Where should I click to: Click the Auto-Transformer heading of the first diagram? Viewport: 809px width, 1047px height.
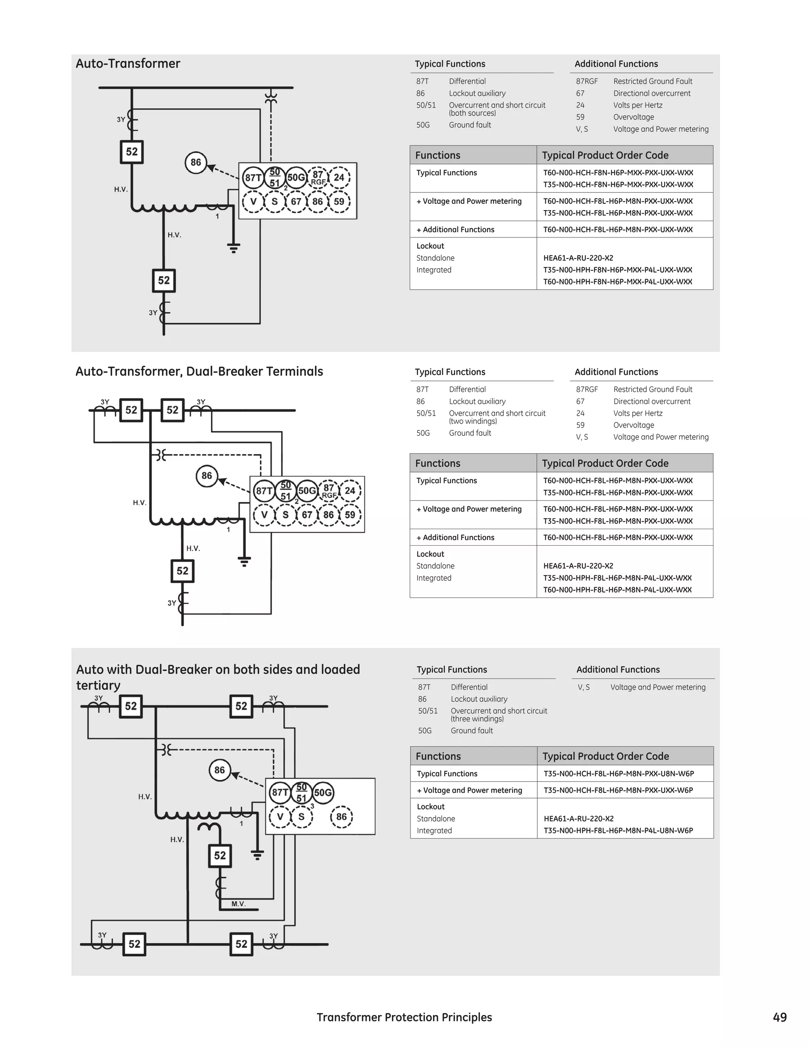click(128, 64)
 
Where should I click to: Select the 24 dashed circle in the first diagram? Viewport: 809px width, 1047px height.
click(339, 177)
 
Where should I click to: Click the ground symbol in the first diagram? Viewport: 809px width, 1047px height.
click(233, 248)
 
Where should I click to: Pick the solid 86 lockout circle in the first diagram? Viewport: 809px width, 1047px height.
click(196, 162)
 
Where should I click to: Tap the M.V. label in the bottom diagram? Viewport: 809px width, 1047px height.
click(238, 904)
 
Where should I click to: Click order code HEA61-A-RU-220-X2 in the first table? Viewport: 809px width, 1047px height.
click(578, 258)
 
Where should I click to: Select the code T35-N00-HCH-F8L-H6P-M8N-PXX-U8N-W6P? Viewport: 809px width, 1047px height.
click(619, 773)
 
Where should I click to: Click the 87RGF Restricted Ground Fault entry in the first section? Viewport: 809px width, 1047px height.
click(634, 81)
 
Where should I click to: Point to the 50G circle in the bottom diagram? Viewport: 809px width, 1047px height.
click(323, 793)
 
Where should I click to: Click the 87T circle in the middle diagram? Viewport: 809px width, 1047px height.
click(263, 490)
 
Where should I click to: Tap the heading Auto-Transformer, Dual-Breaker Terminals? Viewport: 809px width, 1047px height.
click(199, 371)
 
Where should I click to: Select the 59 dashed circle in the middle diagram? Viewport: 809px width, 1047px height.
click(350, 515)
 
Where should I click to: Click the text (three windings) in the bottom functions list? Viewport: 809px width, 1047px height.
click(477, 719)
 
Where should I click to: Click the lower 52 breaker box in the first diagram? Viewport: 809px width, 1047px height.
click(164, 281)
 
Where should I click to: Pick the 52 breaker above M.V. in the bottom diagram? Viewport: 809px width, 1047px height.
click(220, 856)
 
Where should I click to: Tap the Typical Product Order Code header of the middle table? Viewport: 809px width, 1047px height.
click(605, 463)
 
